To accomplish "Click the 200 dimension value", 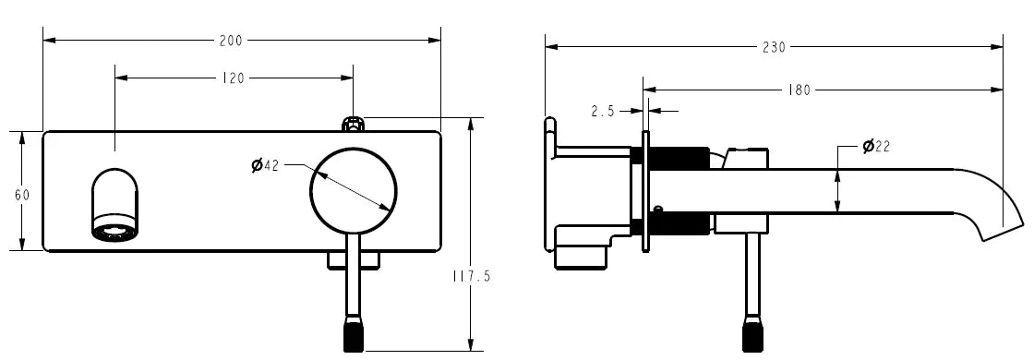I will click(231, 40).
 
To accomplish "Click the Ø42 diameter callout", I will click(266, 165).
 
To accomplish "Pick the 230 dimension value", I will click(774, 47).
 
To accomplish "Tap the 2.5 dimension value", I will click(603, 111).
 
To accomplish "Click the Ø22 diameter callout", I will click(875, 147).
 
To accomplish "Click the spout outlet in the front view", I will click(115, 204).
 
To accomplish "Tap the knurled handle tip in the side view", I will click(754, 334).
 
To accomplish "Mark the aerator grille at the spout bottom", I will click(115, 231).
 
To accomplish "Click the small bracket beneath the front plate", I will click(354, 261).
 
